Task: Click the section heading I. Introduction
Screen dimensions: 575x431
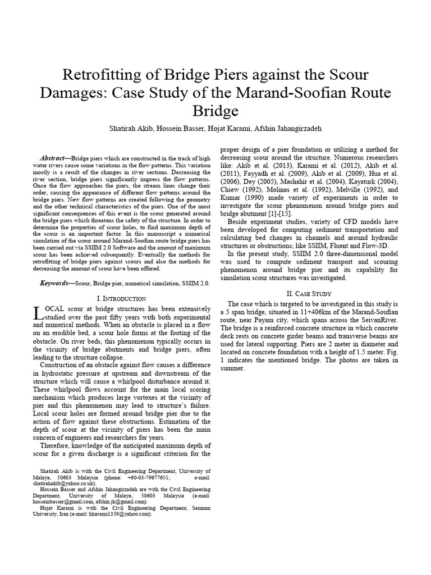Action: point(122,298)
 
